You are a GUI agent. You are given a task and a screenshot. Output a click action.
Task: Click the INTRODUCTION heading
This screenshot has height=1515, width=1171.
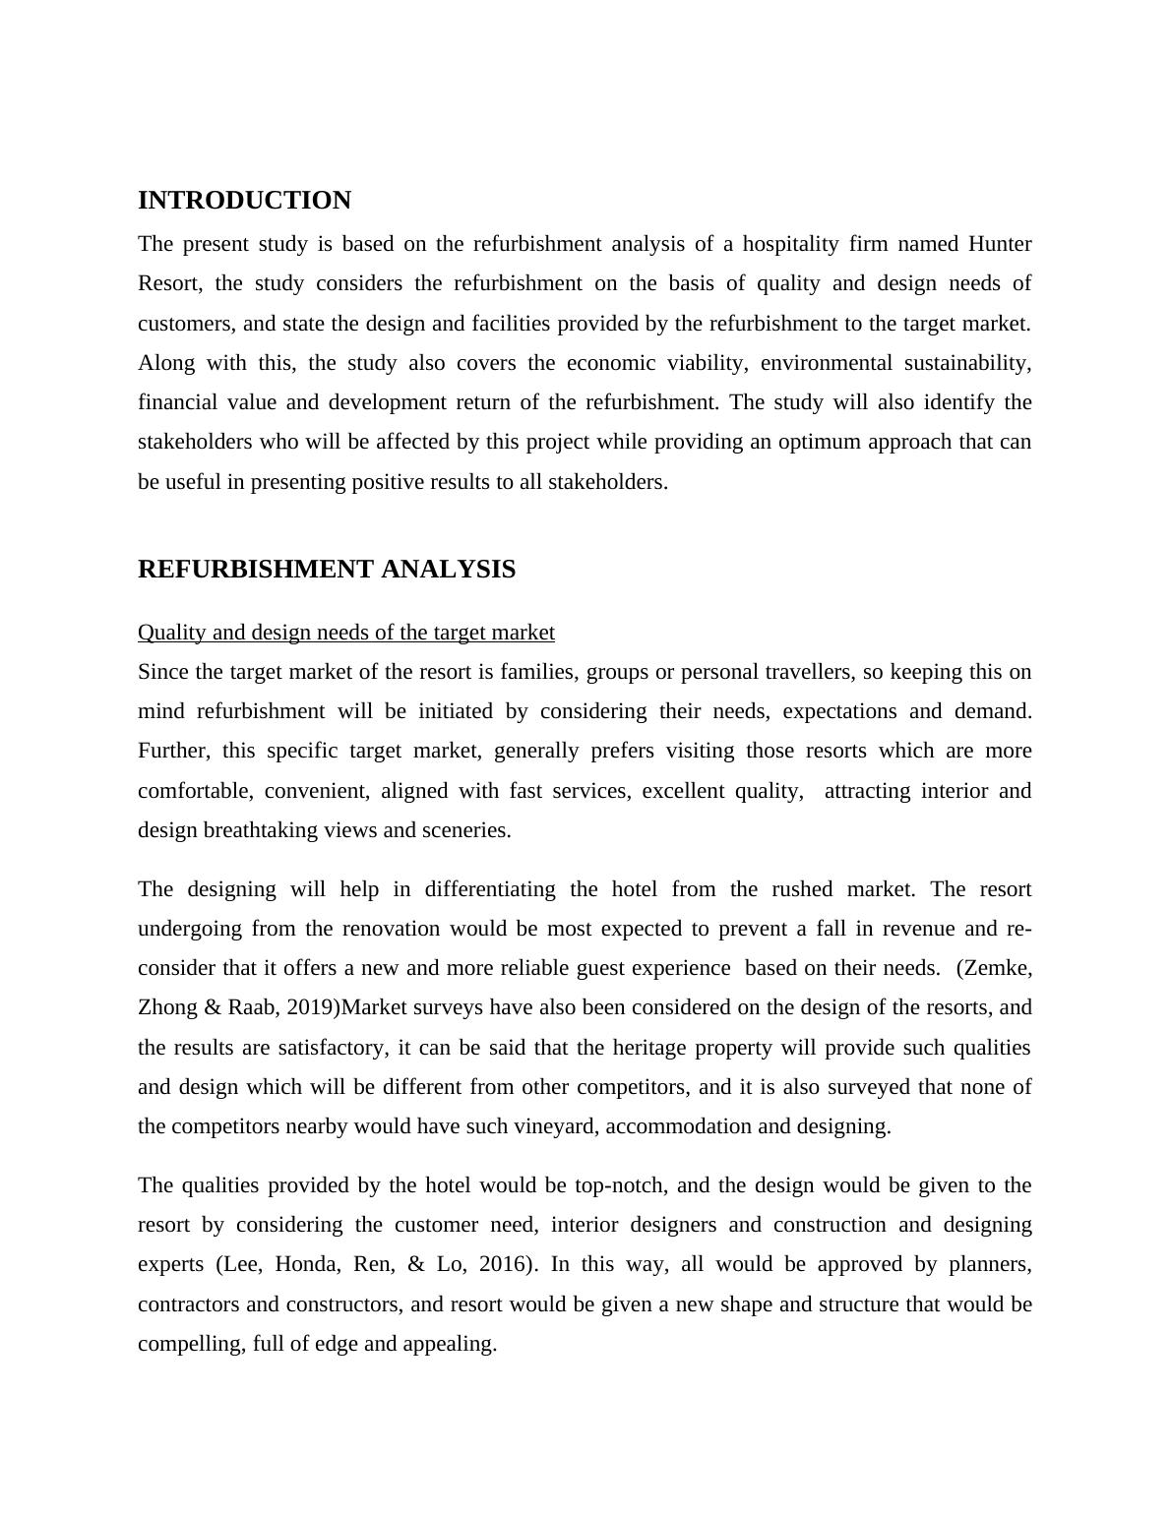pyautogui.click(x=244, y=201)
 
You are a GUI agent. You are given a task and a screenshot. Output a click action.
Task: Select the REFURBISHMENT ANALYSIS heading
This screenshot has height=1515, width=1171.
pyautogui.click(x=326, y=570)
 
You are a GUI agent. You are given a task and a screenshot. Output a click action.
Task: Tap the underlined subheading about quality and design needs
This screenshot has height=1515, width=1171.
pyautogui.click(x=345, y=633)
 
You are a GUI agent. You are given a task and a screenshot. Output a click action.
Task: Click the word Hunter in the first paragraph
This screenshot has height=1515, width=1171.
pyautogui.click(x=1000, y=244)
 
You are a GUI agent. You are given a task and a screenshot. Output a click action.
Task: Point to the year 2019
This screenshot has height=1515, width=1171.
pyautogui.click(x=310, y=1007)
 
